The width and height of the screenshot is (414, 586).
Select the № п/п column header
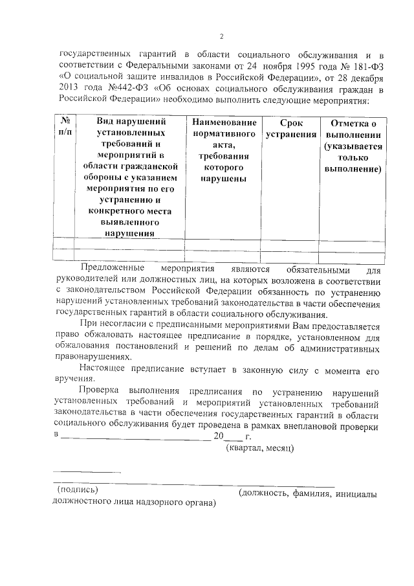pyautogui.click(x=65, y=127)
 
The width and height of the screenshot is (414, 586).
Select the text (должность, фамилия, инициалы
pyautogui.click(x=306, y=493)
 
